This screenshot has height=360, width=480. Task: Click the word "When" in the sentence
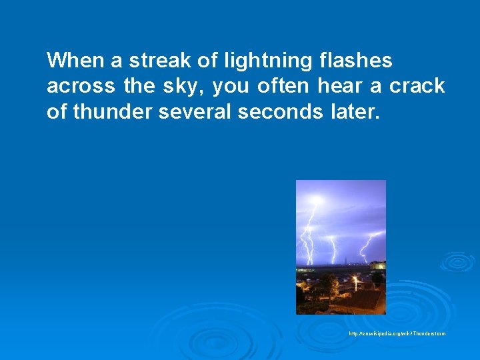click(75, 61)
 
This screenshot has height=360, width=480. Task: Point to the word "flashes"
click(355, 61)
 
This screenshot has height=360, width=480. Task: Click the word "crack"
click(417, 86)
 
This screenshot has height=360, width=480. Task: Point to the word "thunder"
click(113, 111)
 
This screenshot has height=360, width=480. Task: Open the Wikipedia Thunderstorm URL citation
click(397, 333)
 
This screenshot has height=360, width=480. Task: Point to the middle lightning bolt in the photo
click(331, 240)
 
